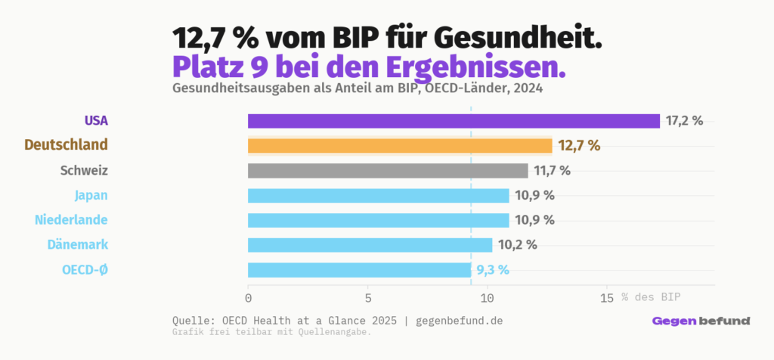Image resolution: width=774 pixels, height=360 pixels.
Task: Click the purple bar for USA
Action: click(454, 121)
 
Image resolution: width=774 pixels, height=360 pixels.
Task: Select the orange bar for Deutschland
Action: click(400, 145)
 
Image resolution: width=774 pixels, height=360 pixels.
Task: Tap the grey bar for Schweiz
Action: click(388, 170)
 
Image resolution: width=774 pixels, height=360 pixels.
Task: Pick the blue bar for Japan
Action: click(378, 195)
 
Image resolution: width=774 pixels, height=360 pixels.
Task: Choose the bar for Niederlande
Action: click(378, 220)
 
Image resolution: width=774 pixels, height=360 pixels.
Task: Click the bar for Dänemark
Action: click(370, 245)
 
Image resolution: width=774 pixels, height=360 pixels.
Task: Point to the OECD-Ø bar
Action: click(359, 270)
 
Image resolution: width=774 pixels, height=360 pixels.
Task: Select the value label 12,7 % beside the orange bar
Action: click(579, 145)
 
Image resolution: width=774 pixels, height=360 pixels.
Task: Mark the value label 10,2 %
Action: click(517, 245)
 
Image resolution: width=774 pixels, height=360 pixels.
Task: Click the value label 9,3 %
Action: click(493, 270)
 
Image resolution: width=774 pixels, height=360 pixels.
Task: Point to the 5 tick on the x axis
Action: click(367, 297)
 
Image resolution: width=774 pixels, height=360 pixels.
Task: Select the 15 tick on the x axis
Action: click(606, 297)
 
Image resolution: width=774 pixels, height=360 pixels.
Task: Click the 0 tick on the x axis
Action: click(248, 297)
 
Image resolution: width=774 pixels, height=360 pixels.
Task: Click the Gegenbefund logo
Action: click(701, 321)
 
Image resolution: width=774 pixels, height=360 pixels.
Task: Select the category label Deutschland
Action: click(66, 145)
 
